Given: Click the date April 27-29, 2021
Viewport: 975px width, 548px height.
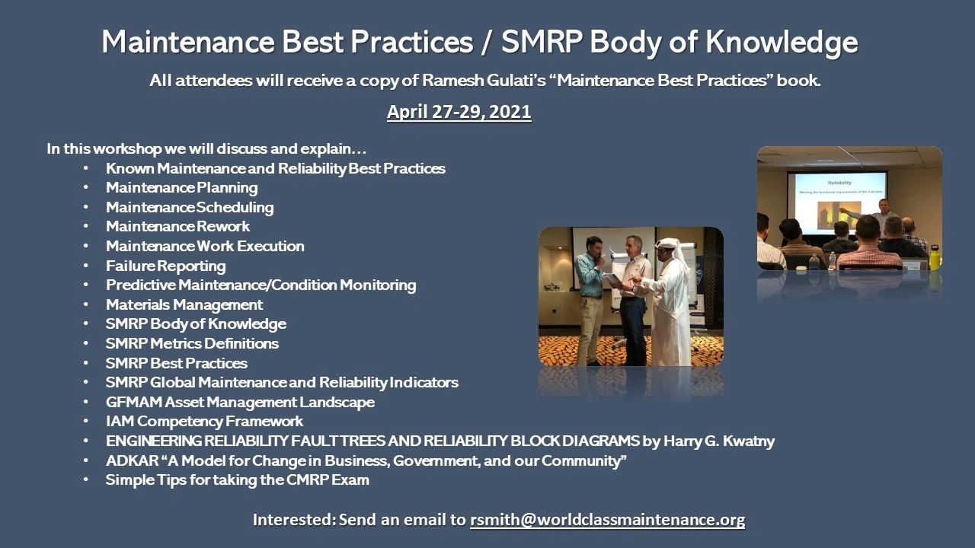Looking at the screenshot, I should [459, 112].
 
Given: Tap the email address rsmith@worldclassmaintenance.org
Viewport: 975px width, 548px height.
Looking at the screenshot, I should [607, 521].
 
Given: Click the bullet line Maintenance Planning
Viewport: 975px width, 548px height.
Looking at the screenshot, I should [181, 187].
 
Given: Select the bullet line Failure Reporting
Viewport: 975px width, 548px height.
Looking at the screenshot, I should [165, 266].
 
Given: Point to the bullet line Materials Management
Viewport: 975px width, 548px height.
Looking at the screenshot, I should [184, 304].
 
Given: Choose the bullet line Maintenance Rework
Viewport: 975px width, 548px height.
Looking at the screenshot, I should [177, 226].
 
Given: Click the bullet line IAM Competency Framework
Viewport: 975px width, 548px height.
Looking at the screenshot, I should [204, 421].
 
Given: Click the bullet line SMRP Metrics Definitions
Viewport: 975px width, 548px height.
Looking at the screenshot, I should [192, 343].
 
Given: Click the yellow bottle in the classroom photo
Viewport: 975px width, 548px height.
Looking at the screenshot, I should [935, 257].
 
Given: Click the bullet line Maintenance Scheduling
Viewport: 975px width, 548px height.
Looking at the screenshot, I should [189, 207].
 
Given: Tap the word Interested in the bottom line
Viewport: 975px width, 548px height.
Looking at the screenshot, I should [292, 521].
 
